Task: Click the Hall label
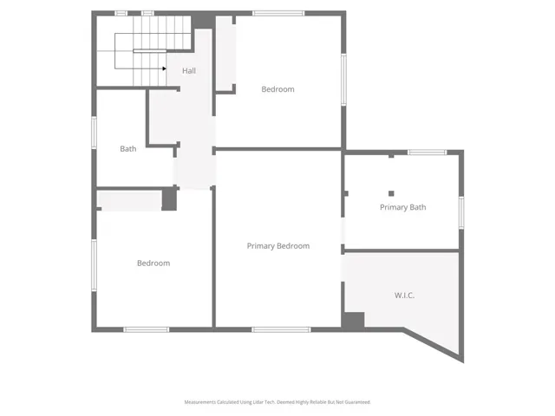(188, 70)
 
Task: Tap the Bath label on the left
(127, 149)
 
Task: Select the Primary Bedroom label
(277, 246)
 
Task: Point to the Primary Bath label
(402, 207)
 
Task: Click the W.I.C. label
(404, 296)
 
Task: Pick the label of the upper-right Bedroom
(277, 89)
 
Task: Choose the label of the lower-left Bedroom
(153, 263)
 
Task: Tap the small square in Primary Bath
(391, 193)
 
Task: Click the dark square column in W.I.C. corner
(353, 320)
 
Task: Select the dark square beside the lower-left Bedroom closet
(169, 199)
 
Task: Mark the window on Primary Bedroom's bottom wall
(280, 328)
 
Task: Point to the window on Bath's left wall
(95, 139)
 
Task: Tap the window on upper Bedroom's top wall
(278, 13)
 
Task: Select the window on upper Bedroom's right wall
(343, 83)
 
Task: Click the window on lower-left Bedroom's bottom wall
(146, 328)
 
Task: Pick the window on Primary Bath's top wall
(427, 153)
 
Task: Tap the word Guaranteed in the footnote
(356, 402)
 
